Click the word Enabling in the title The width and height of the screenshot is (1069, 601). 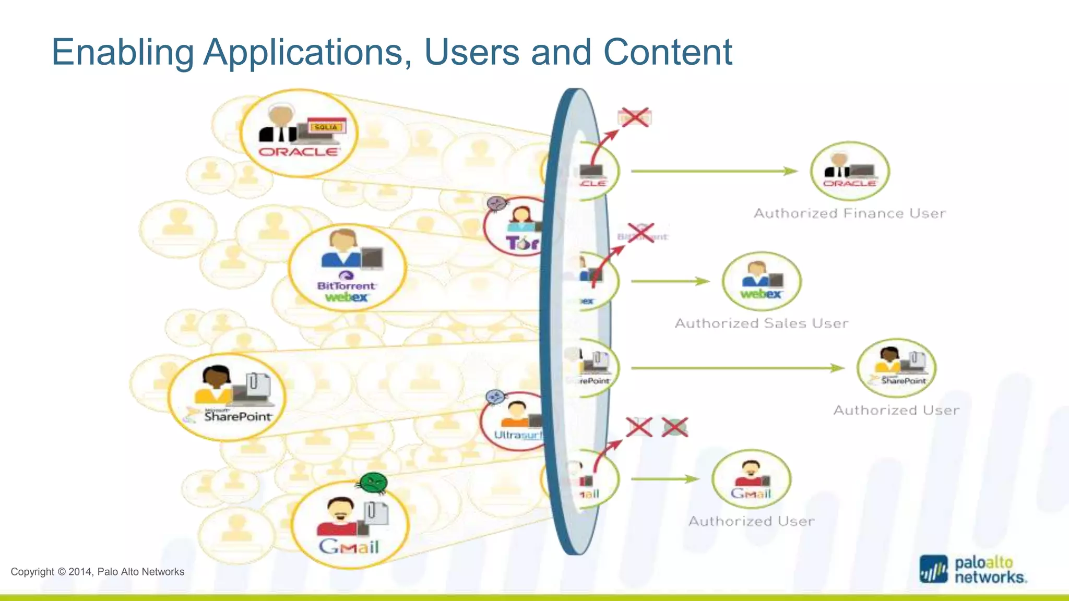pyautogui.click(x=123, y=53)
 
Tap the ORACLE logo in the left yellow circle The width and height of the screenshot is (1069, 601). pyautogui.click(x=299, y=152)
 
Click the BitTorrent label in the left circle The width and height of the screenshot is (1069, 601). pyautogui.click(x=346, y=285)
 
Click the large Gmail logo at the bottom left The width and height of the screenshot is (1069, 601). pyautogui.click(x=349, y=546)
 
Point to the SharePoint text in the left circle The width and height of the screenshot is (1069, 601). pyautogui.click(x=237, y=416)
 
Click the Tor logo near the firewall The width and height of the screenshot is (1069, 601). pyautogui.click(x=521, y=243)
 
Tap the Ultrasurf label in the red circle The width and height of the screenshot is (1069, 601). pyautogui.click(x=518, y=435)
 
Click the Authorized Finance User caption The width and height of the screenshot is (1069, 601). pyautogui.click(x=849, y=213)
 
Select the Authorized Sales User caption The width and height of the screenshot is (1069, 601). pyautogui.click(x=761, y=323)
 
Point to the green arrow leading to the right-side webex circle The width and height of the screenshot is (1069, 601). pyautogui.click(x=670, y=281)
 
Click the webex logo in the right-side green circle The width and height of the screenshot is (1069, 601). pyautogui.click(x=761, y=294)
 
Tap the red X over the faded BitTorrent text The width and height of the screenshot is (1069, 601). pyautogui.click(x=641, y=233)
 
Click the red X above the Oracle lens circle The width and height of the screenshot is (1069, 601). pyautogui.click(x=635, y=117)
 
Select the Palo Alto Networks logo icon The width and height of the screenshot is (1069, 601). pyautogui.click(x=933, y=569)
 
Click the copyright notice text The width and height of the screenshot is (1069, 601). pyautogui.click(x=98, y=572)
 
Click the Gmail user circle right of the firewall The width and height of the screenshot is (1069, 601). pyautogui.click(x=751, y=479)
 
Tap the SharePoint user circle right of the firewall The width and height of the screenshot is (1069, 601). pyautogui.click(x=896, y=368)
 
